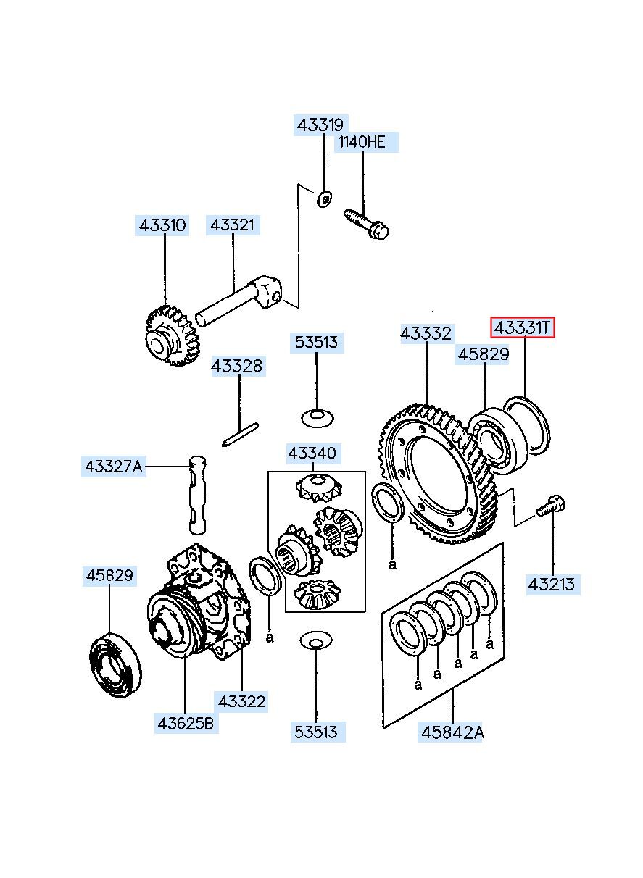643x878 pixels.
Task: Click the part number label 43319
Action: point(321,125)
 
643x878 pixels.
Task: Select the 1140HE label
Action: point(362,142)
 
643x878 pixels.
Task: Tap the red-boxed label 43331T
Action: point(522,328)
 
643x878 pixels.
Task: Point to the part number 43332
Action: point(426,333)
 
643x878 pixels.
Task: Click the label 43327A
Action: point(114,467)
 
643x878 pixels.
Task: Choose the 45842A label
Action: point(452,732)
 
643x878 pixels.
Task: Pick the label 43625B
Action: point(186,722)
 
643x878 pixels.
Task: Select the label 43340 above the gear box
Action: point(312,454)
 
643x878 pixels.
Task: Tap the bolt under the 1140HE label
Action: point(365,222)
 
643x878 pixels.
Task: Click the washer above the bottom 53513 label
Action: point(316,640)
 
